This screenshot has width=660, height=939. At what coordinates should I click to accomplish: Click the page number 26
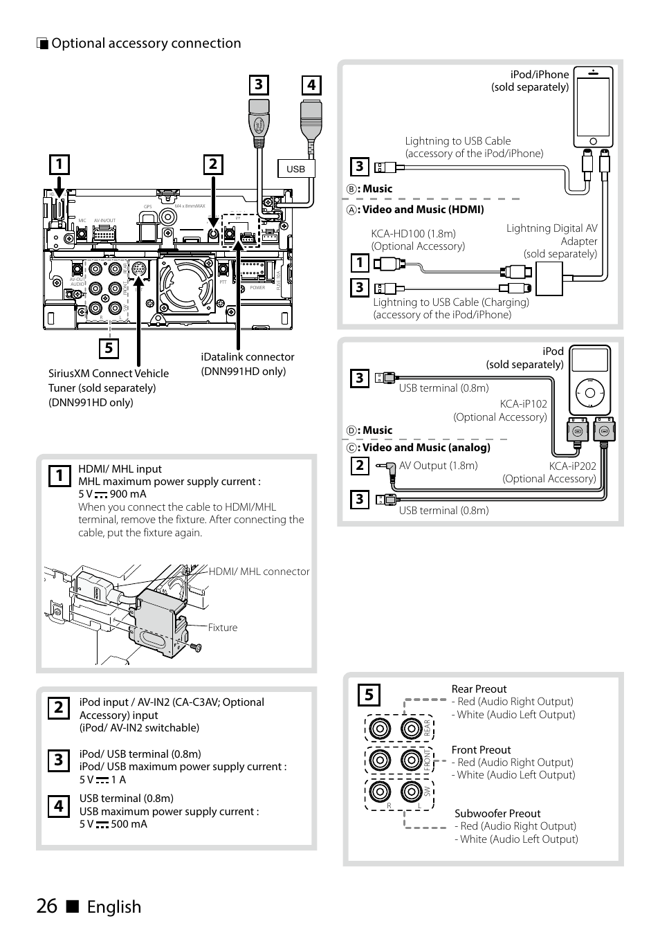pyautogui.click(x=47, y=906)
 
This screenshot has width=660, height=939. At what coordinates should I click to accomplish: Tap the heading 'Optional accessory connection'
pyautogui.click(x=146, y=43)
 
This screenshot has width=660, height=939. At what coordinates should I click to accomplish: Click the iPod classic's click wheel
pyautogui.click(x=589, y=393)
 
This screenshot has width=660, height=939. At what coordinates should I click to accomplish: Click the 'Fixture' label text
pyautogui.click(x=223, y=628)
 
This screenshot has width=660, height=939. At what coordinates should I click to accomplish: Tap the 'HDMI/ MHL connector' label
pyautogui.click(x=259, y=572)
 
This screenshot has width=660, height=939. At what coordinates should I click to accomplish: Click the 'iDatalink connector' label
pyautogui.click(x=248, y=357)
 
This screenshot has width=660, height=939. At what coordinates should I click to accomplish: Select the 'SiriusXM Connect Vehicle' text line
pyautogui.click(x=109, y=373)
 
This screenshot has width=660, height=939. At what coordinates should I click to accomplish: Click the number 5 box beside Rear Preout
pyautogui.click(x=369, y=694)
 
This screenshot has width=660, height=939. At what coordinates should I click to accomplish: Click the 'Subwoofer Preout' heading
pyautogui.click(x=497, y=814)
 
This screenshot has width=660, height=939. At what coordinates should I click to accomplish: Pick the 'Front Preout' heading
pyautogui.click(x=481, y=750)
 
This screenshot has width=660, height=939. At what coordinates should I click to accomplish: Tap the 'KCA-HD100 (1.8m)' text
pyautogui.click(x=413, y=234)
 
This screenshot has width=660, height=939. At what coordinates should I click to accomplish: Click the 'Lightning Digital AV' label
pyautogui.click(x=551, y=228)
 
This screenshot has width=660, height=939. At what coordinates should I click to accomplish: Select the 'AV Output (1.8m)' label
pyautogui.click(x=438, y=466)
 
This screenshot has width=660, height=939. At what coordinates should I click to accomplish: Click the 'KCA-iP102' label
pyautogui.click(x=523, y=404)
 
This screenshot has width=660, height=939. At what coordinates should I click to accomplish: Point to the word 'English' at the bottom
pyautogui.click(x=114, y=906)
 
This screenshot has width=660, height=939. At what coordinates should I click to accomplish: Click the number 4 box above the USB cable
pyautogui.click(x=311, y=85)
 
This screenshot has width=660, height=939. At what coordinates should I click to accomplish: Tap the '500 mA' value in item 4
pyautogui.click(x=129, y=824)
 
